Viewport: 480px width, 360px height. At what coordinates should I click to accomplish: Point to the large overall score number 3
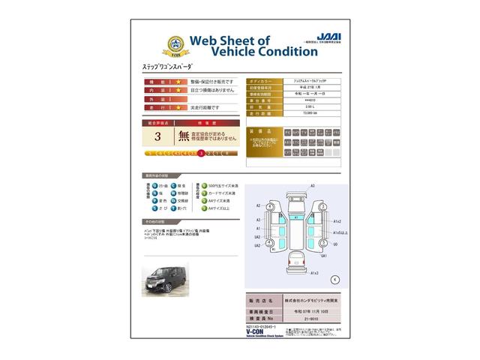[157, 136]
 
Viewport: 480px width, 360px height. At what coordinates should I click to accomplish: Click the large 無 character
[184, 136]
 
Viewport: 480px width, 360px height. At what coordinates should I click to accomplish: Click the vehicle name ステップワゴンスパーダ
[167, 67]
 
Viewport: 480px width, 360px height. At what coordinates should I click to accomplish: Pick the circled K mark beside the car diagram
[334, 278]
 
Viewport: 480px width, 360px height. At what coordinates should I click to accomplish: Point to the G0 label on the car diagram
[334, 244]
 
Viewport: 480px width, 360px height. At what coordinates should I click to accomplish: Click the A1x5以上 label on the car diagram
[337, 232]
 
